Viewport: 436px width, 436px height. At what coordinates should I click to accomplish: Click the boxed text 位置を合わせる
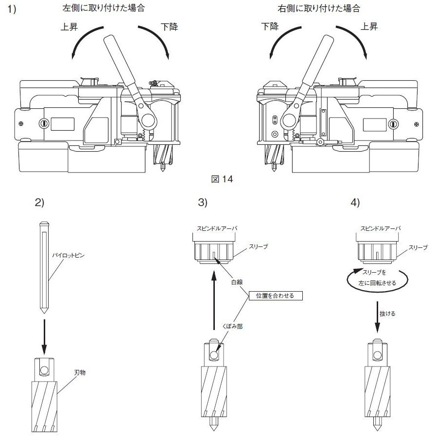(275, 295)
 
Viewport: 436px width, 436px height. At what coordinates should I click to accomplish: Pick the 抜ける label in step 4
(387, 314)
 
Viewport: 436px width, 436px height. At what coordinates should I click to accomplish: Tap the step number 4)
(355, 203)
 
